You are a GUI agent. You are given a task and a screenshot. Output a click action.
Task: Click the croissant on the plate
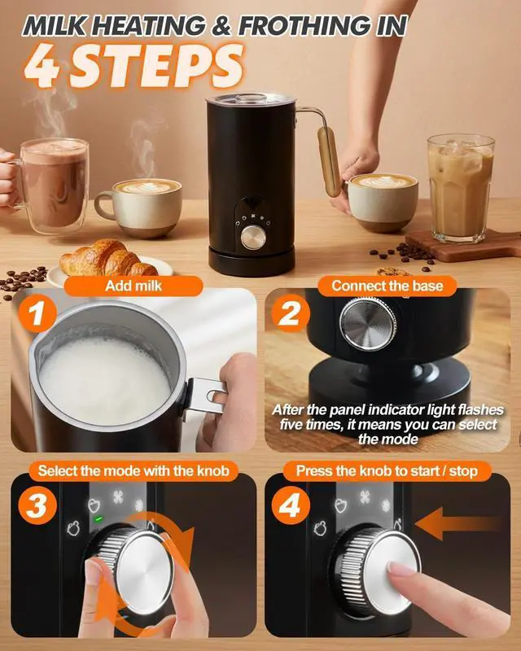108,259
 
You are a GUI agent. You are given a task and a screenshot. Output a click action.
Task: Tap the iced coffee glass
461,188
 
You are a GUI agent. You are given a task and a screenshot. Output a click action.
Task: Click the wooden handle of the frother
329,161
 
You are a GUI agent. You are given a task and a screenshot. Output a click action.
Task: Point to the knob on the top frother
253,238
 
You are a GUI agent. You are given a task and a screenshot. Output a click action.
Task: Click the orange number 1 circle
37,313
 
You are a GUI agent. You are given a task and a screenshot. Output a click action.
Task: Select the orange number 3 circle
37,505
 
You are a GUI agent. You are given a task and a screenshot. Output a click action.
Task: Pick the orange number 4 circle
291,505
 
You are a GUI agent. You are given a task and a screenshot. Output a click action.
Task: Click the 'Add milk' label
134,286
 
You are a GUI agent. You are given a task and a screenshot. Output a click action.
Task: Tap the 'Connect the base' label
387,286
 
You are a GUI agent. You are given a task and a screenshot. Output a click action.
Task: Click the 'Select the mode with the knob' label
134,471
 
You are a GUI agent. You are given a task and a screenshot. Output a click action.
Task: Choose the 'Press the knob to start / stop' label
387,471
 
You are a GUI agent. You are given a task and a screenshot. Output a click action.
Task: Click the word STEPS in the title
156,67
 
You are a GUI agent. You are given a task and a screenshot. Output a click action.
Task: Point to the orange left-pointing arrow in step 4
456,524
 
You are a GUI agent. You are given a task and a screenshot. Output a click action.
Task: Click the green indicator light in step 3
99,518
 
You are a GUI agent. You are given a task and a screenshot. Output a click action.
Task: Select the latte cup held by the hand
383,203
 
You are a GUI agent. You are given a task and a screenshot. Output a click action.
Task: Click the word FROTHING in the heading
304,26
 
